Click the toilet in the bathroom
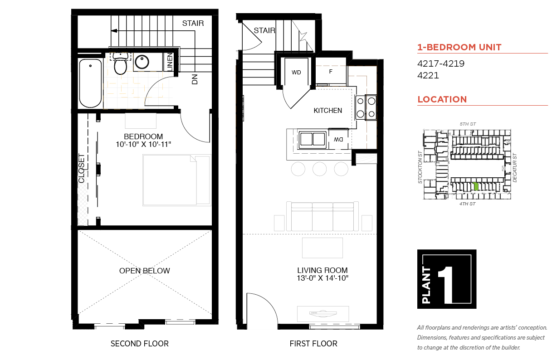click(x=120, y=63)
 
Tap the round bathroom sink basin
click(x=142, y=62)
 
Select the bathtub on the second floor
click(x=91, y=83)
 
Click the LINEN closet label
click(x=170, y=62)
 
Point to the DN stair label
click(x=195, y=79)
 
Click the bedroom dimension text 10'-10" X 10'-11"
click(x=143, y=145)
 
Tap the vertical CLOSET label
click(x=82, y=168)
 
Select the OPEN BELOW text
click(x=145, y=271)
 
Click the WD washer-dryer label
click(x=296, y=73)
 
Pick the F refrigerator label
click(x=331, y=72)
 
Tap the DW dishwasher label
click(x=338, y=140)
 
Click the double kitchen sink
click(x=313, y=139)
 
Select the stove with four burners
click(x=366, y=107)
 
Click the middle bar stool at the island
click(x=319, y=169)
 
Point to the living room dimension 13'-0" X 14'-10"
click(x=322, y=278)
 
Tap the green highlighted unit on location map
click(x=476, y=186)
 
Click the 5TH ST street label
click(x=468, y=124)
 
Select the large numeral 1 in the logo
click(x=445, y=285)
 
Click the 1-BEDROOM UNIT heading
click(x=459, y=47)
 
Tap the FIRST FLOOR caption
click(x=313, y=344)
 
